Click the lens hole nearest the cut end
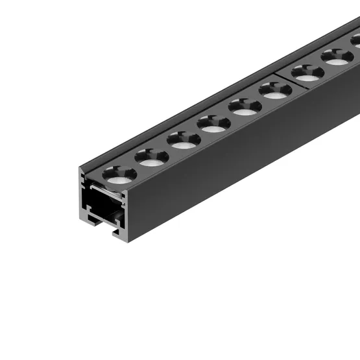pos(121,173)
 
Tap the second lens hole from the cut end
pos(152,156)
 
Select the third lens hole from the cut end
pos(183,139)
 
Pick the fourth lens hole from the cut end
pos(213,122)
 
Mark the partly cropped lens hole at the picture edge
pos(356,40)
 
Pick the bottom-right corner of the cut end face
pos(129,241)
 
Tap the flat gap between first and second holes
pos(136,166)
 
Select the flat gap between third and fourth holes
pos(198,132)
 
